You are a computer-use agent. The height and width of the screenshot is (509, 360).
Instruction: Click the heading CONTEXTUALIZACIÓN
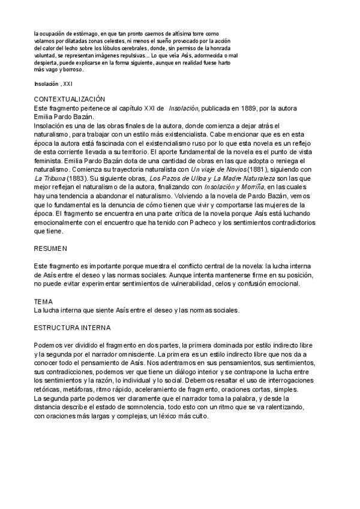coord(70,98)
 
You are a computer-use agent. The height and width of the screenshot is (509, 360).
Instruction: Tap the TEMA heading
coord(44,302)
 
